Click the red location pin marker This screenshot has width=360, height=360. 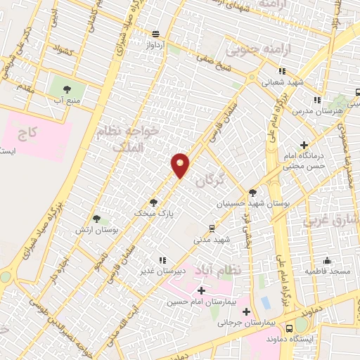click(x=181, y=165)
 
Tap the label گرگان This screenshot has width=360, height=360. click(x=210, y=181)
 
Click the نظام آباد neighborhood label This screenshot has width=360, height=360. click(x=235, y=270)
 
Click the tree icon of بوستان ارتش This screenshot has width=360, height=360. click(x=96, y=219)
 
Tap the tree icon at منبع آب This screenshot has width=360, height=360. click(x=67, y=89)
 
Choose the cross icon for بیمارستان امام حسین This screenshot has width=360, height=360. click(x=202, y=290)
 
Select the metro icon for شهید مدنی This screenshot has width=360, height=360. click(x=212, y=228)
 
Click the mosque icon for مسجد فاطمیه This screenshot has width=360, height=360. click(x=327, y=259)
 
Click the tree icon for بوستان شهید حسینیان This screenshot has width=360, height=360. click(x=252, y=192)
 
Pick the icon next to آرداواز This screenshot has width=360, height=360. click(x=155, y=34)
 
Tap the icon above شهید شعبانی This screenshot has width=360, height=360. click(x=281, y=70)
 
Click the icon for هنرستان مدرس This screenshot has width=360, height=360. click(x=317, y=100)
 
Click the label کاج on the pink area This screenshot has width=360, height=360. click(x=28, y=131)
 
